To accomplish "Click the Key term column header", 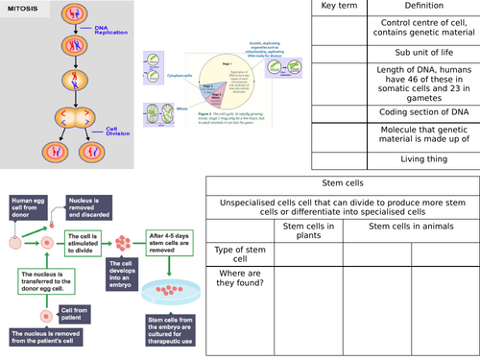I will point(336,6).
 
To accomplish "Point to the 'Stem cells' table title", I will point(342,183).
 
